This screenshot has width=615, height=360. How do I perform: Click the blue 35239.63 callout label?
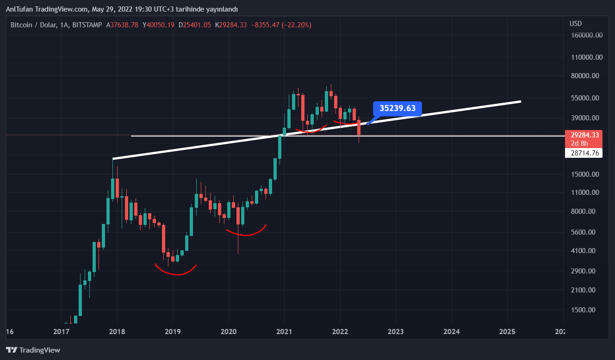[398, 109]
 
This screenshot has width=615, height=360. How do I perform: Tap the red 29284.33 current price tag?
[584, 135]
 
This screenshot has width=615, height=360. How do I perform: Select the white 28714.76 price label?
[584, 153]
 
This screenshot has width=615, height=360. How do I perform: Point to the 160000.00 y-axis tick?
[586, 35]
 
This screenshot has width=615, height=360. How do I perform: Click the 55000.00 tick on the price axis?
[586, 98]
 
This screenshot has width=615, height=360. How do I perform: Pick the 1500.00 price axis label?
[586, 310]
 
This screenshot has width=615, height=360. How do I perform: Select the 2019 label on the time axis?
[173, 332]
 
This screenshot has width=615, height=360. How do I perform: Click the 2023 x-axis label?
[396, 332]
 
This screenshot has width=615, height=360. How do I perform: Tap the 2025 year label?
[507, 332]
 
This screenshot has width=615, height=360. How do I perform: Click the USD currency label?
[576, 24]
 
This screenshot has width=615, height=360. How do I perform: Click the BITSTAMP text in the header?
[87, 25]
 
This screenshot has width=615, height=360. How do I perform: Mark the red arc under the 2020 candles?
[245, 233]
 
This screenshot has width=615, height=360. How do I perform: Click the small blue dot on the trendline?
[368, 124]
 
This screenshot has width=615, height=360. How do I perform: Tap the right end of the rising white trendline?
[521, 101]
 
